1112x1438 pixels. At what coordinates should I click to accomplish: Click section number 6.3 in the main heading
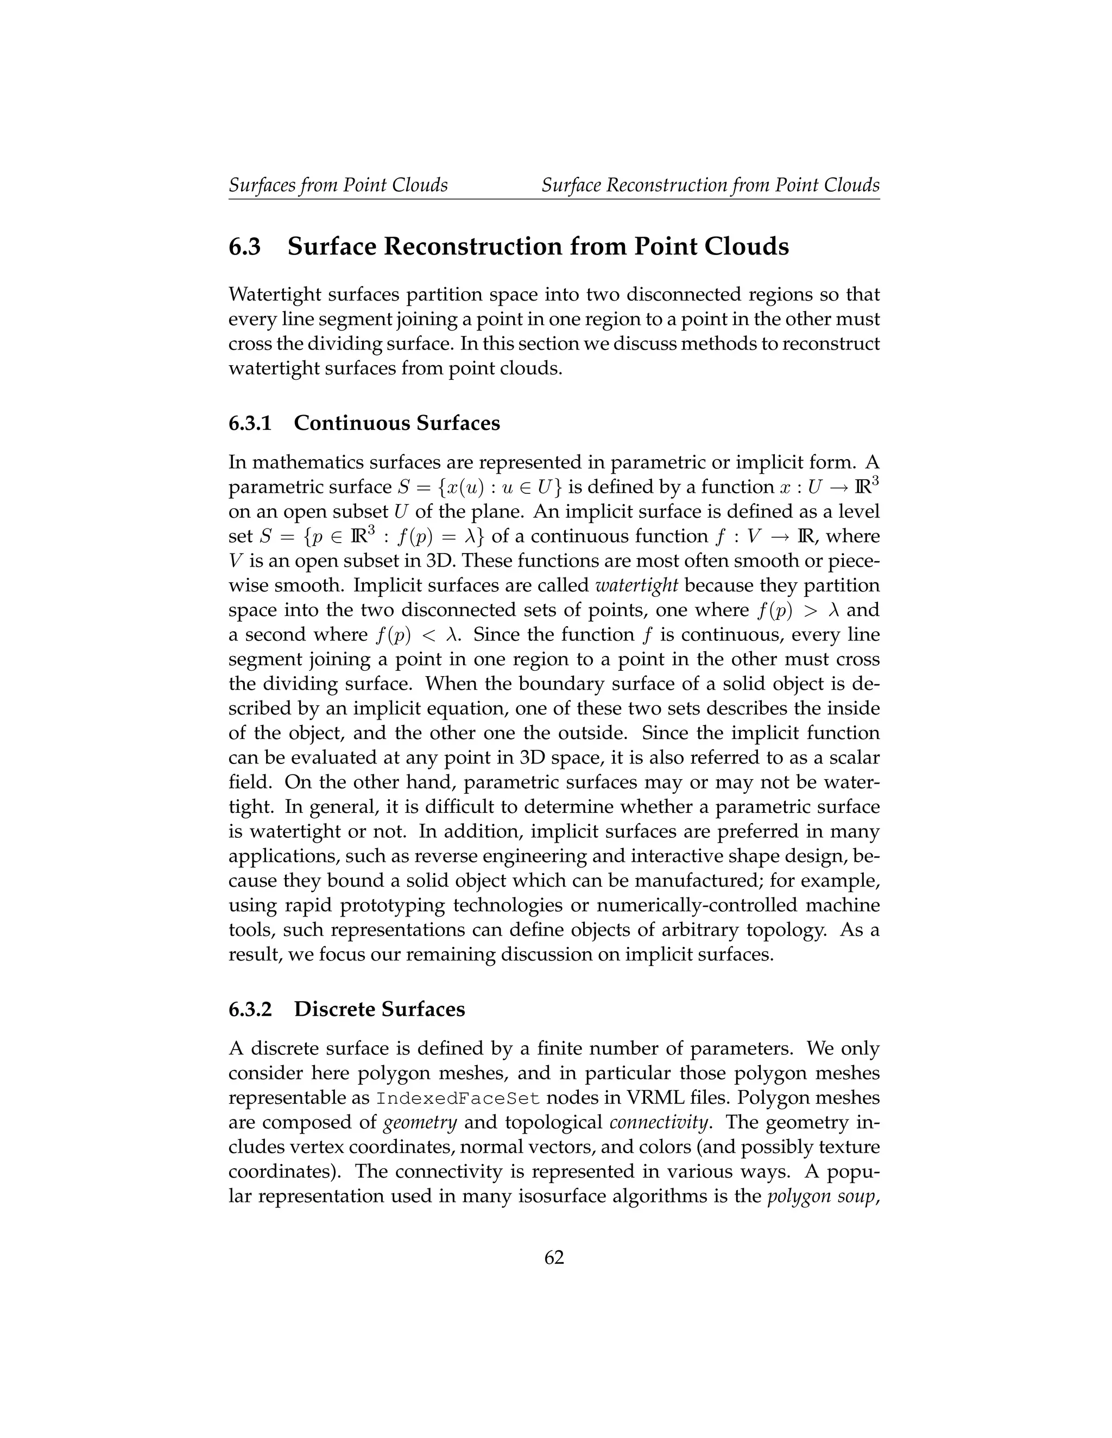pyautogui.click(x=244, y=247)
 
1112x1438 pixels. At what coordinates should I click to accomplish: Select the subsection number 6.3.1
pyautogui.click(x=250, y=423)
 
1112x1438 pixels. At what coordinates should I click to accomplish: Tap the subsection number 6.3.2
pyautogui.click(x=250, y=1009)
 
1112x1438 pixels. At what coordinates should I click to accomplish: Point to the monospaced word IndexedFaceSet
pyautogui.click(x=458, y=1098)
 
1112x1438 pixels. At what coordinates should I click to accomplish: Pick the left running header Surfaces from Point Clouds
pyautogui.click(x=338, y=185)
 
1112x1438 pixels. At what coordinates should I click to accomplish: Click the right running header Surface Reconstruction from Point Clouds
pyautogui.click(x=710, y=185)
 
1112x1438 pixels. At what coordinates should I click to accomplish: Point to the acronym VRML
pyautogui.click(x=676, y=1098)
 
